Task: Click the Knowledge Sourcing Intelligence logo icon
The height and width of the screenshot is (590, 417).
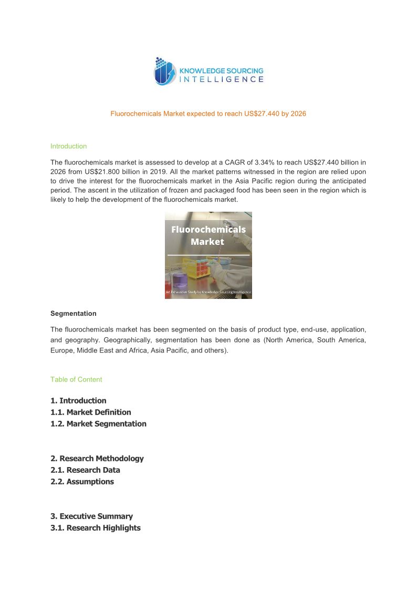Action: (x=164, y=71)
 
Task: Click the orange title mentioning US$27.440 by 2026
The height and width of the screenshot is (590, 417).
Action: (x=208, y=113)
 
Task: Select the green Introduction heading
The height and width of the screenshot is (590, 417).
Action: (x=68, y=146)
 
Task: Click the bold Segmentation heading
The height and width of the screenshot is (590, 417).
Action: (x=73, y=313)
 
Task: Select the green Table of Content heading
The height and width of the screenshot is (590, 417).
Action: (x=76, y=379)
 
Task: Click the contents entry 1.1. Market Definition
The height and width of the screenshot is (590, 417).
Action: (x=90, y=412)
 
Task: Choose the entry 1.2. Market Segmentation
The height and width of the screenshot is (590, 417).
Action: (x=98, y=423)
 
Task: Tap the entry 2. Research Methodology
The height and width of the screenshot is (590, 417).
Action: (x=97, y=458)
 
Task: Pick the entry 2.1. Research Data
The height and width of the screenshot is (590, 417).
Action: (x=85, y=470)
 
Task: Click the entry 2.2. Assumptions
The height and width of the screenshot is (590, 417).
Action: (x=82, y=481)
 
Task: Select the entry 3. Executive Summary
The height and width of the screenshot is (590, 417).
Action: (x=91, y=516)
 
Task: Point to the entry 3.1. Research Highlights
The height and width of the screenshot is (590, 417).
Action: (x=95, y=527)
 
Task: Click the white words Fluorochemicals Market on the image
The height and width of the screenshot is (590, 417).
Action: (x=207, y=235)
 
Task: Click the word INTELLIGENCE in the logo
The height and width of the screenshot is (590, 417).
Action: (x=222, y=79)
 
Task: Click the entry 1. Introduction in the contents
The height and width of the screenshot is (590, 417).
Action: (x=78, y=400)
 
